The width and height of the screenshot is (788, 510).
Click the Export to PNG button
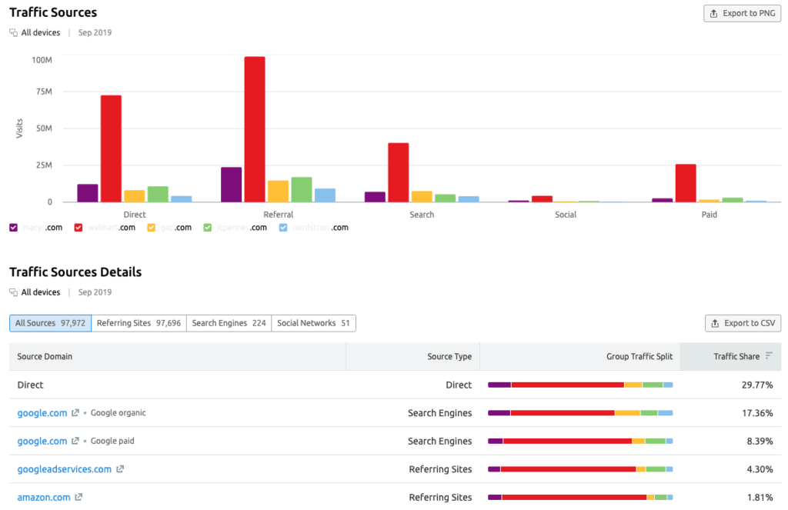point(742,13)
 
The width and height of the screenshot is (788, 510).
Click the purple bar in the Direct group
point(88,193)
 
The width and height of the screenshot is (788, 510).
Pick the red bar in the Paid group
point(686,183)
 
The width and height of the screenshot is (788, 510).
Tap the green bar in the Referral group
point(302,189)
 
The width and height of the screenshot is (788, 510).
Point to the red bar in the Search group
point(399,172)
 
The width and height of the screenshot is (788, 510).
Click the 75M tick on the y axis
point(42,92)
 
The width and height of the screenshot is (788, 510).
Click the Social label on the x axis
point(566,215)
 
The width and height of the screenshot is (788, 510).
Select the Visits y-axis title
point(19,128)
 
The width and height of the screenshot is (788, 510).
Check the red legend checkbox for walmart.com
point(78,228)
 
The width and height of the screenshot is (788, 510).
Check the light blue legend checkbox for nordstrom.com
point(283,228)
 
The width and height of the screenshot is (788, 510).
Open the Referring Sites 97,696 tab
point(139,323)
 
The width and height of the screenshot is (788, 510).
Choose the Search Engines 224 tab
point(229,323)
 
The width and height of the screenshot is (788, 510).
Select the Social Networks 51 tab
point(313,323)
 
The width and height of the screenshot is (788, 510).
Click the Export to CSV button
point(743,323)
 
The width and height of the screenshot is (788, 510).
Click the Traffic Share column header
point(736,356)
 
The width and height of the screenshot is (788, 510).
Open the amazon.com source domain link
point(44,498)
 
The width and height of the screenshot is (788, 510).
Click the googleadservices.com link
point(65,469)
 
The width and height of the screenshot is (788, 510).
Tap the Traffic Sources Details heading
point(75,272)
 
